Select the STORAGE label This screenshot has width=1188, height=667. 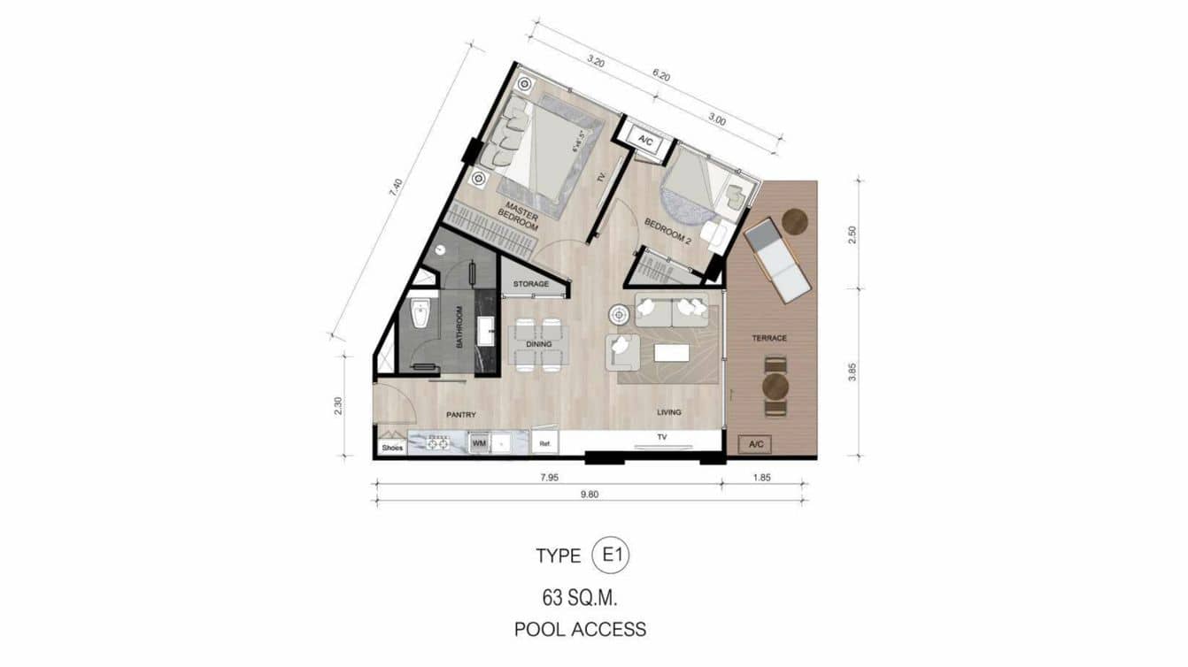[x=531, y=284]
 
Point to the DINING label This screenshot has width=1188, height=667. [x=538, y=344]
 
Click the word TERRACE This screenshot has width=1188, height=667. [x=769, y=338]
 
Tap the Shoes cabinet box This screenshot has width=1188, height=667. [x=392, y=447]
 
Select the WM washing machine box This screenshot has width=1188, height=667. [x=479, y=442]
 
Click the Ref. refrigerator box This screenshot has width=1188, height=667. [x=545, y=443]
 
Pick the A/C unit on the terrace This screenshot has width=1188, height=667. [x=757, y=444]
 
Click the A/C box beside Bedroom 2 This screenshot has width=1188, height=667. [x=644, y=139]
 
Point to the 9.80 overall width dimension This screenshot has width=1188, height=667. [x=590, y=494]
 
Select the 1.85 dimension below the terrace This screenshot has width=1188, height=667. [x=763, y=478]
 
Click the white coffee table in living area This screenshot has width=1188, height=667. [x=671, y=353]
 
